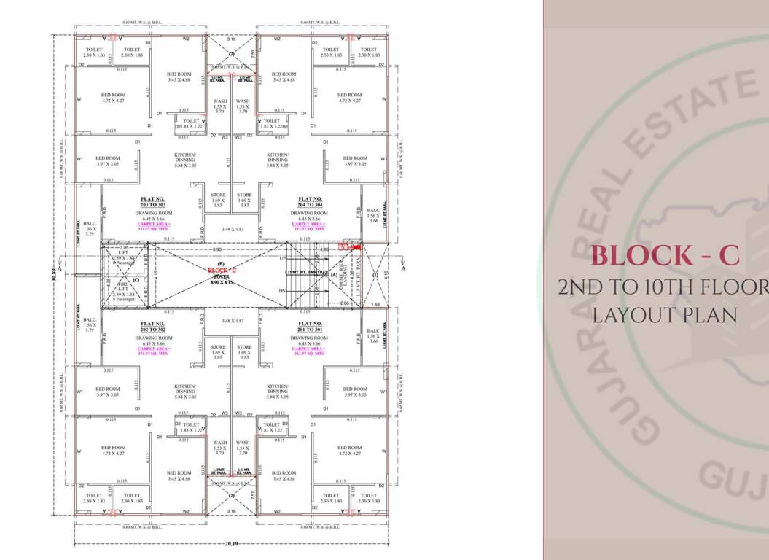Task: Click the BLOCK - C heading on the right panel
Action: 665,255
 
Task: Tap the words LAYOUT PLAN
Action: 663,315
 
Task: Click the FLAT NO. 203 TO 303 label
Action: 152,202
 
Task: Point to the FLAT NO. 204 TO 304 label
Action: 310,202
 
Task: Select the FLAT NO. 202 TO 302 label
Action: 152,327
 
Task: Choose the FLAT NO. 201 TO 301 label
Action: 310,327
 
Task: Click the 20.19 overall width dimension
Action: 231,543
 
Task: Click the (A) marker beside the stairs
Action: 334,274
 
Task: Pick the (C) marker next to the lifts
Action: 136,279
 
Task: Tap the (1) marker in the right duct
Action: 375,275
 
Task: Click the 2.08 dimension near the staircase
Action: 343,303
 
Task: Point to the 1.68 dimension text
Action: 375,304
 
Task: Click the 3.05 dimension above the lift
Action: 124,248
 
